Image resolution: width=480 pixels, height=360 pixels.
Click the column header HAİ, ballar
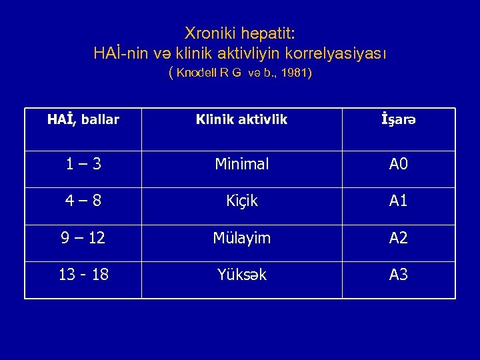tap(83, 120)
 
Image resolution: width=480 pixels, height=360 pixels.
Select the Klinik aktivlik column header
tap(241, 120)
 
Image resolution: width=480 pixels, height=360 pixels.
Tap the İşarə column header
tap(398, 120)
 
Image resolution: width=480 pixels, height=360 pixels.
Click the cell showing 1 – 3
tap(83, 164)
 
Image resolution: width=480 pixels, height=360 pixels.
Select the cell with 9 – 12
tap(83, 238)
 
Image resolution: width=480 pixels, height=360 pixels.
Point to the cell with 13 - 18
tap(83, 275)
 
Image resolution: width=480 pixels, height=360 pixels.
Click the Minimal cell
tap(241, 164)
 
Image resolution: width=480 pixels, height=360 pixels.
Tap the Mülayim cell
tap(241, 238)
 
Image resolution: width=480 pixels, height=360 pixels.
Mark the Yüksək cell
tap(241, 275)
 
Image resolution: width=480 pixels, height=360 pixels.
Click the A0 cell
tap(399, 164)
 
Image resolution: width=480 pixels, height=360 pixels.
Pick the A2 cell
tap(399, 238)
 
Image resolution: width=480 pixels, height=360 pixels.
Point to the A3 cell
tap(399, 275)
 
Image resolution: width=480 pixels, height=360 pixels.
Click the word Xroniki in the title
tap(207, 33)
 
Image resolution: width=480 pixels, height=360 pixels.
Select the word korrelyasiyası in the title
tap(339, 52)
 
